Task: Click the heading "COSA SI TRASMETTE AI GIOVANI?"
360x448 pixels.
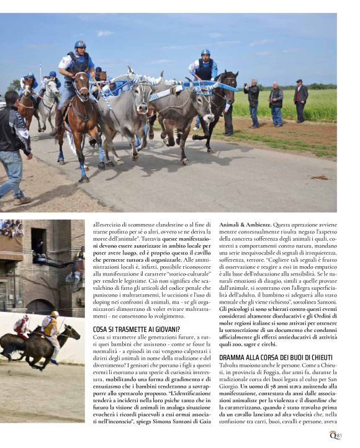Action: [x=137, y=328]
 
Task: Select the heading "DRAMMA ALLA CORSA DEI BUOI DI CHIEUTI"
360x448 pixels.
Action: [x=276, y=357]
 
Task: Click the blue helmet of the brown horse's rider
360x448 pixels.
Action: [x=79, y=45]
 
